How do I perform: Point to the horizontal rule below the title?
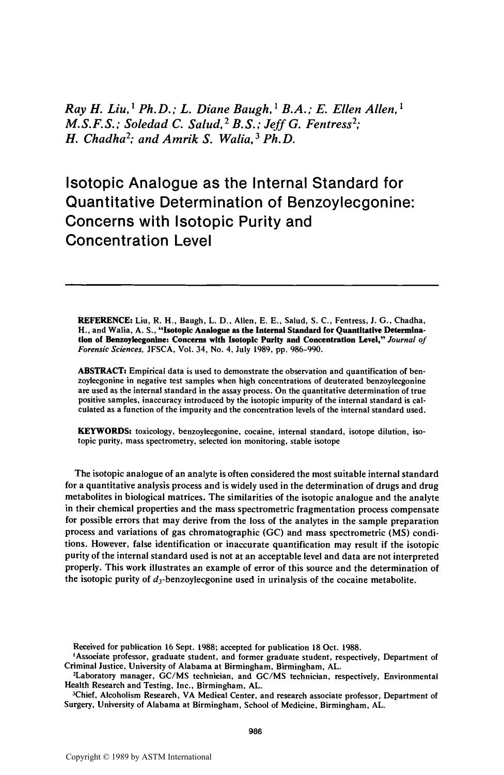tap(252, 284)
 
